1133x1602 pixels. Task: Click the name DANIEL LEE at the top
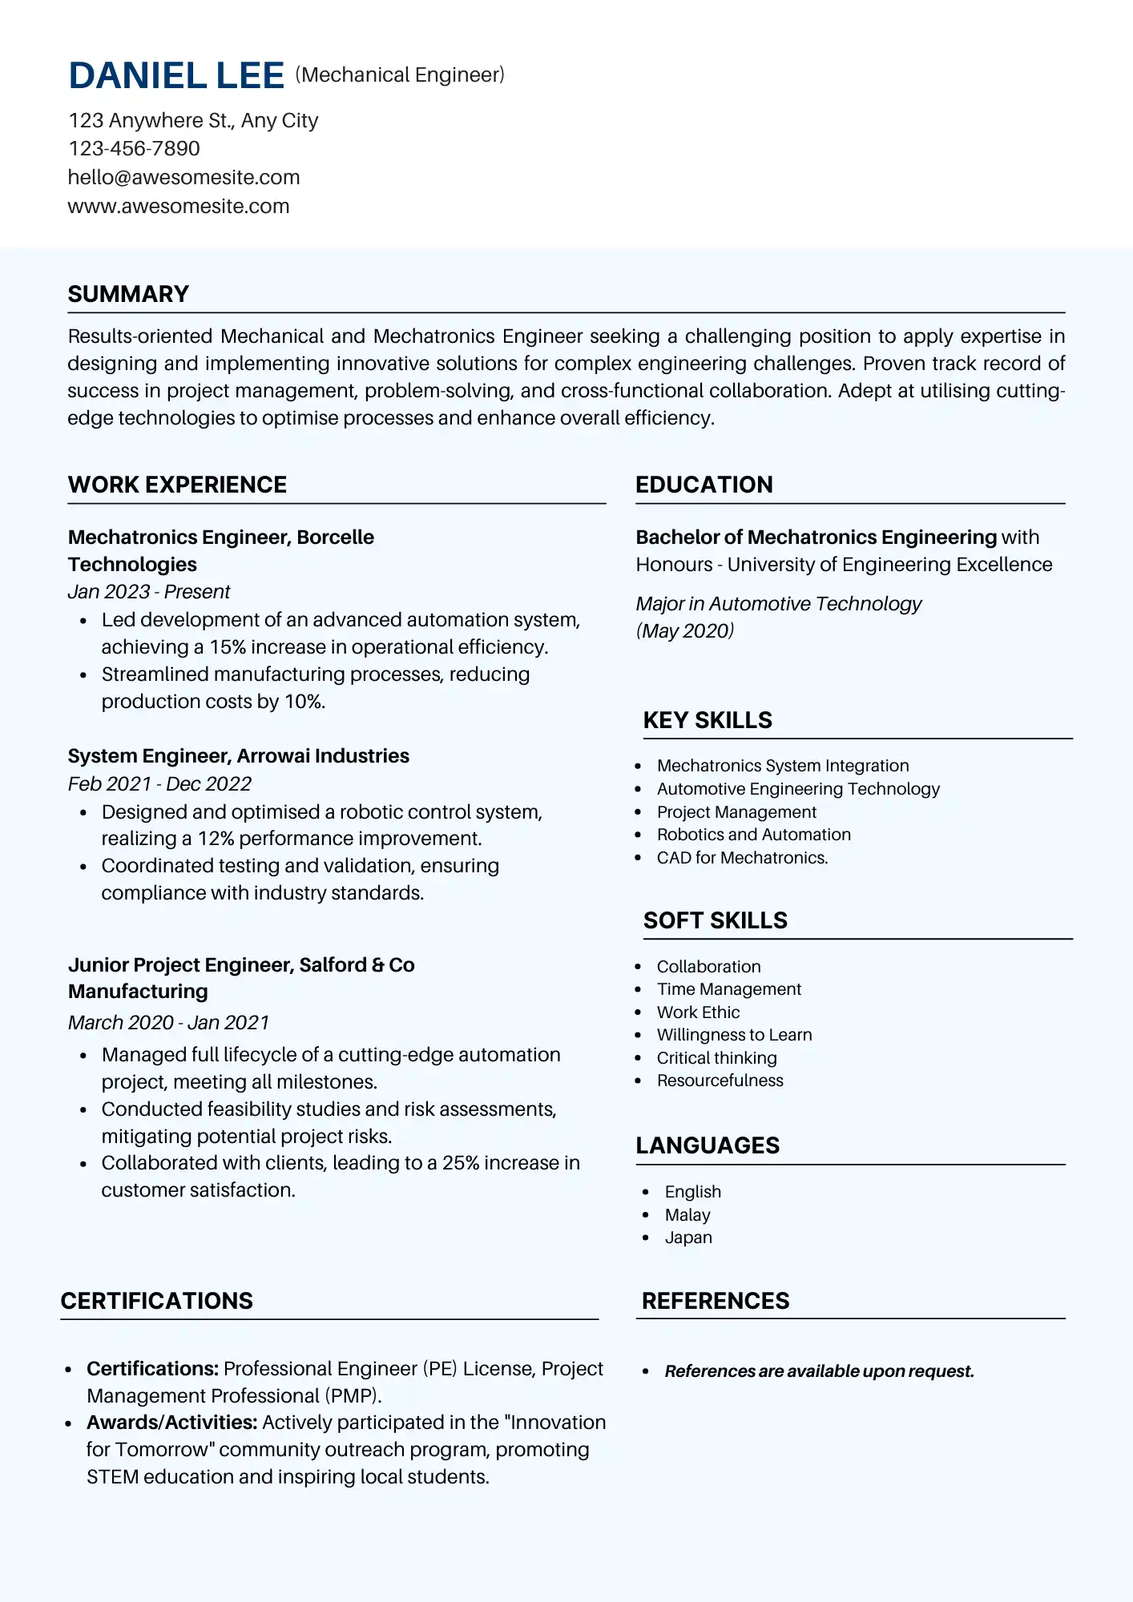click(x=176, y=76)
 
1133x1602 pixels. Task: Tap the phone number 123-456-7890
click(x=134, y=149)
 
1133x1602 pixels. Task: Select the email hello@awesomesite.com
click(x=183, y=178)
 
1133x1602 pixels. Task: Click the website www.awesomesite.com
click(x=178, y=207)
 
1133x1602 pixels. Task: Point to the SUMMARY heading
click(x=128, y=294)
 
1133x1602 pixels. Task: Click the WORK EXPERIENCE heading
click(x=177, y=485)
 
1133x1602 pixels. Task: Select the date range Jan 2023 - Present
click(x=149, y=592)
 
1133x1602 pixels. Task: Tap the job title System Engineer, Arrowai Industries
click(x=238, y=756)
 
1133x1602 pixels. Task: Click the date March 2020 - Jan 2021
click(x=168, y=1023)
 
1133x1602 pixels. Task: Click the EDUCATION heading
click(x=704, y=485)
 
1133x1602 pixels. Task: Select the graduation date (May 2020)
click(x=685, y=631)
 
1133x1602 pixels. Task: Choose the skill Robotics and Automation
click(x=753, y=835)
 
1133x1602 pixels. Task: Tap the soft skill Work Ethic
click(x=698, y=1012)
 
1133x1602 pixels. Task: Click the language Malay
click(x=687, y=1215)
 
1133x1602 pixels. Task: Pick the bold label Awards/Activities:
click(x=171, y=1423)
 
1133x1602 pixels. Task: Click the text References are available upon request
click(x=819, y=1371)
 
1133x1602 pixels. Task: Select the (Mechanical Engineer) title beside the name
click(x=400, y=75)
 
